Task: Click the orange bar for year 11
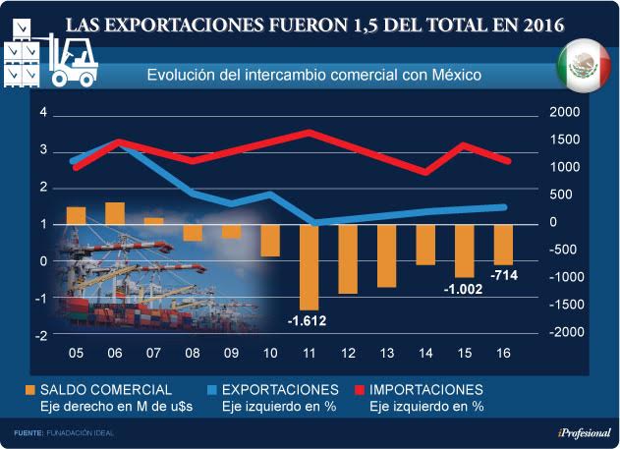click(309, 266)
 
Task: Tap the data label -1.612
click(307, 320)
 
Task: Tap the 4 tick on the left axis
click(42, 113)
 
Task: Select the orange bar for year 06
click(115, 213)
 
